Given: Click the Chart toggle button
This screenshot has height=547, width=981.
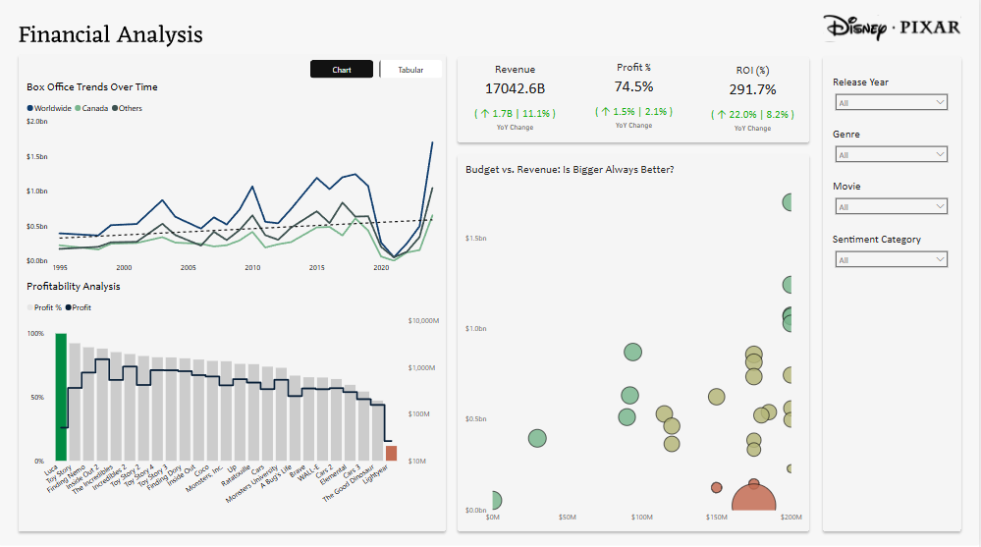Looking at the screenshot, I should (342, 70).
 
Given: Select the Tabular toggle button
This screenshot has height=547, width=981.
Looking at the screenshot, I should (410, 70).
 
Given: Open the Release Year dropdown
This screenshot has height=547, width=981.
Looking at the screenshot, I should (890, 102).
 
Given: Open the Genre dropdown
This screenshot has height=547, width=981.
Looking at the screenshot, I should (890, 154).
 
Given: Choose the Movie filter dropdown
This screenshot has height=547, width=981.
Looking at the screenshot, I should (890, 206).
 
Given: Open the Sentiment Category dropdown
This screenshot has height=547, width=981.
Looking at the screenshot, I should (890, 259).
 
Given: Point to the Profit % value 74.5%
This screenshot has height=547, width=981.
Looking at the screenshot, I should (633, 86).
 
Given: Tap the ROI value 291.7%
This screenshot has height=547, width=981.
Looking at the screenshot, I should (752, 89).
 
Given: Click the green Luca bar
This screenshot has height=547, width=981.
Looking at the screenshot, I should (61, 397).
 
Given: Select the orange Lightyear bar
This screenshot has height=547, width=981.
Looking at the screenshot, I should (391, 453).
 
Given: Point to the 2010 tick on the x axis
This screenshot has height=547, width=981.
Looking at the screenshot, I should (252, 268).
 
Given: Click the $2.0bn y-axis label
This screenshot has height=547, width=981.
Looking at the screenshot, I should (36, 121).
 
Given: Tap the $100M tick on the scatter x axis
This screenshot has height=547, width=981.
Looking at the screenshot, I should (641, 517).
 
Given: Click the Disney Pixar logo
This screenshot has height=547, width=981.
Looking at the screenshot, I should (892, 27).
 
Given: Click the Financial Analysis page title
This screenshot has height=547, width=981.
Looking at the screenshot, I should (111, 35).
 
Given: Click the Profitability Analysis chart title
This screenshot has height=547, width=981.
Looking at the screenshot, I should (74, 286).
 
